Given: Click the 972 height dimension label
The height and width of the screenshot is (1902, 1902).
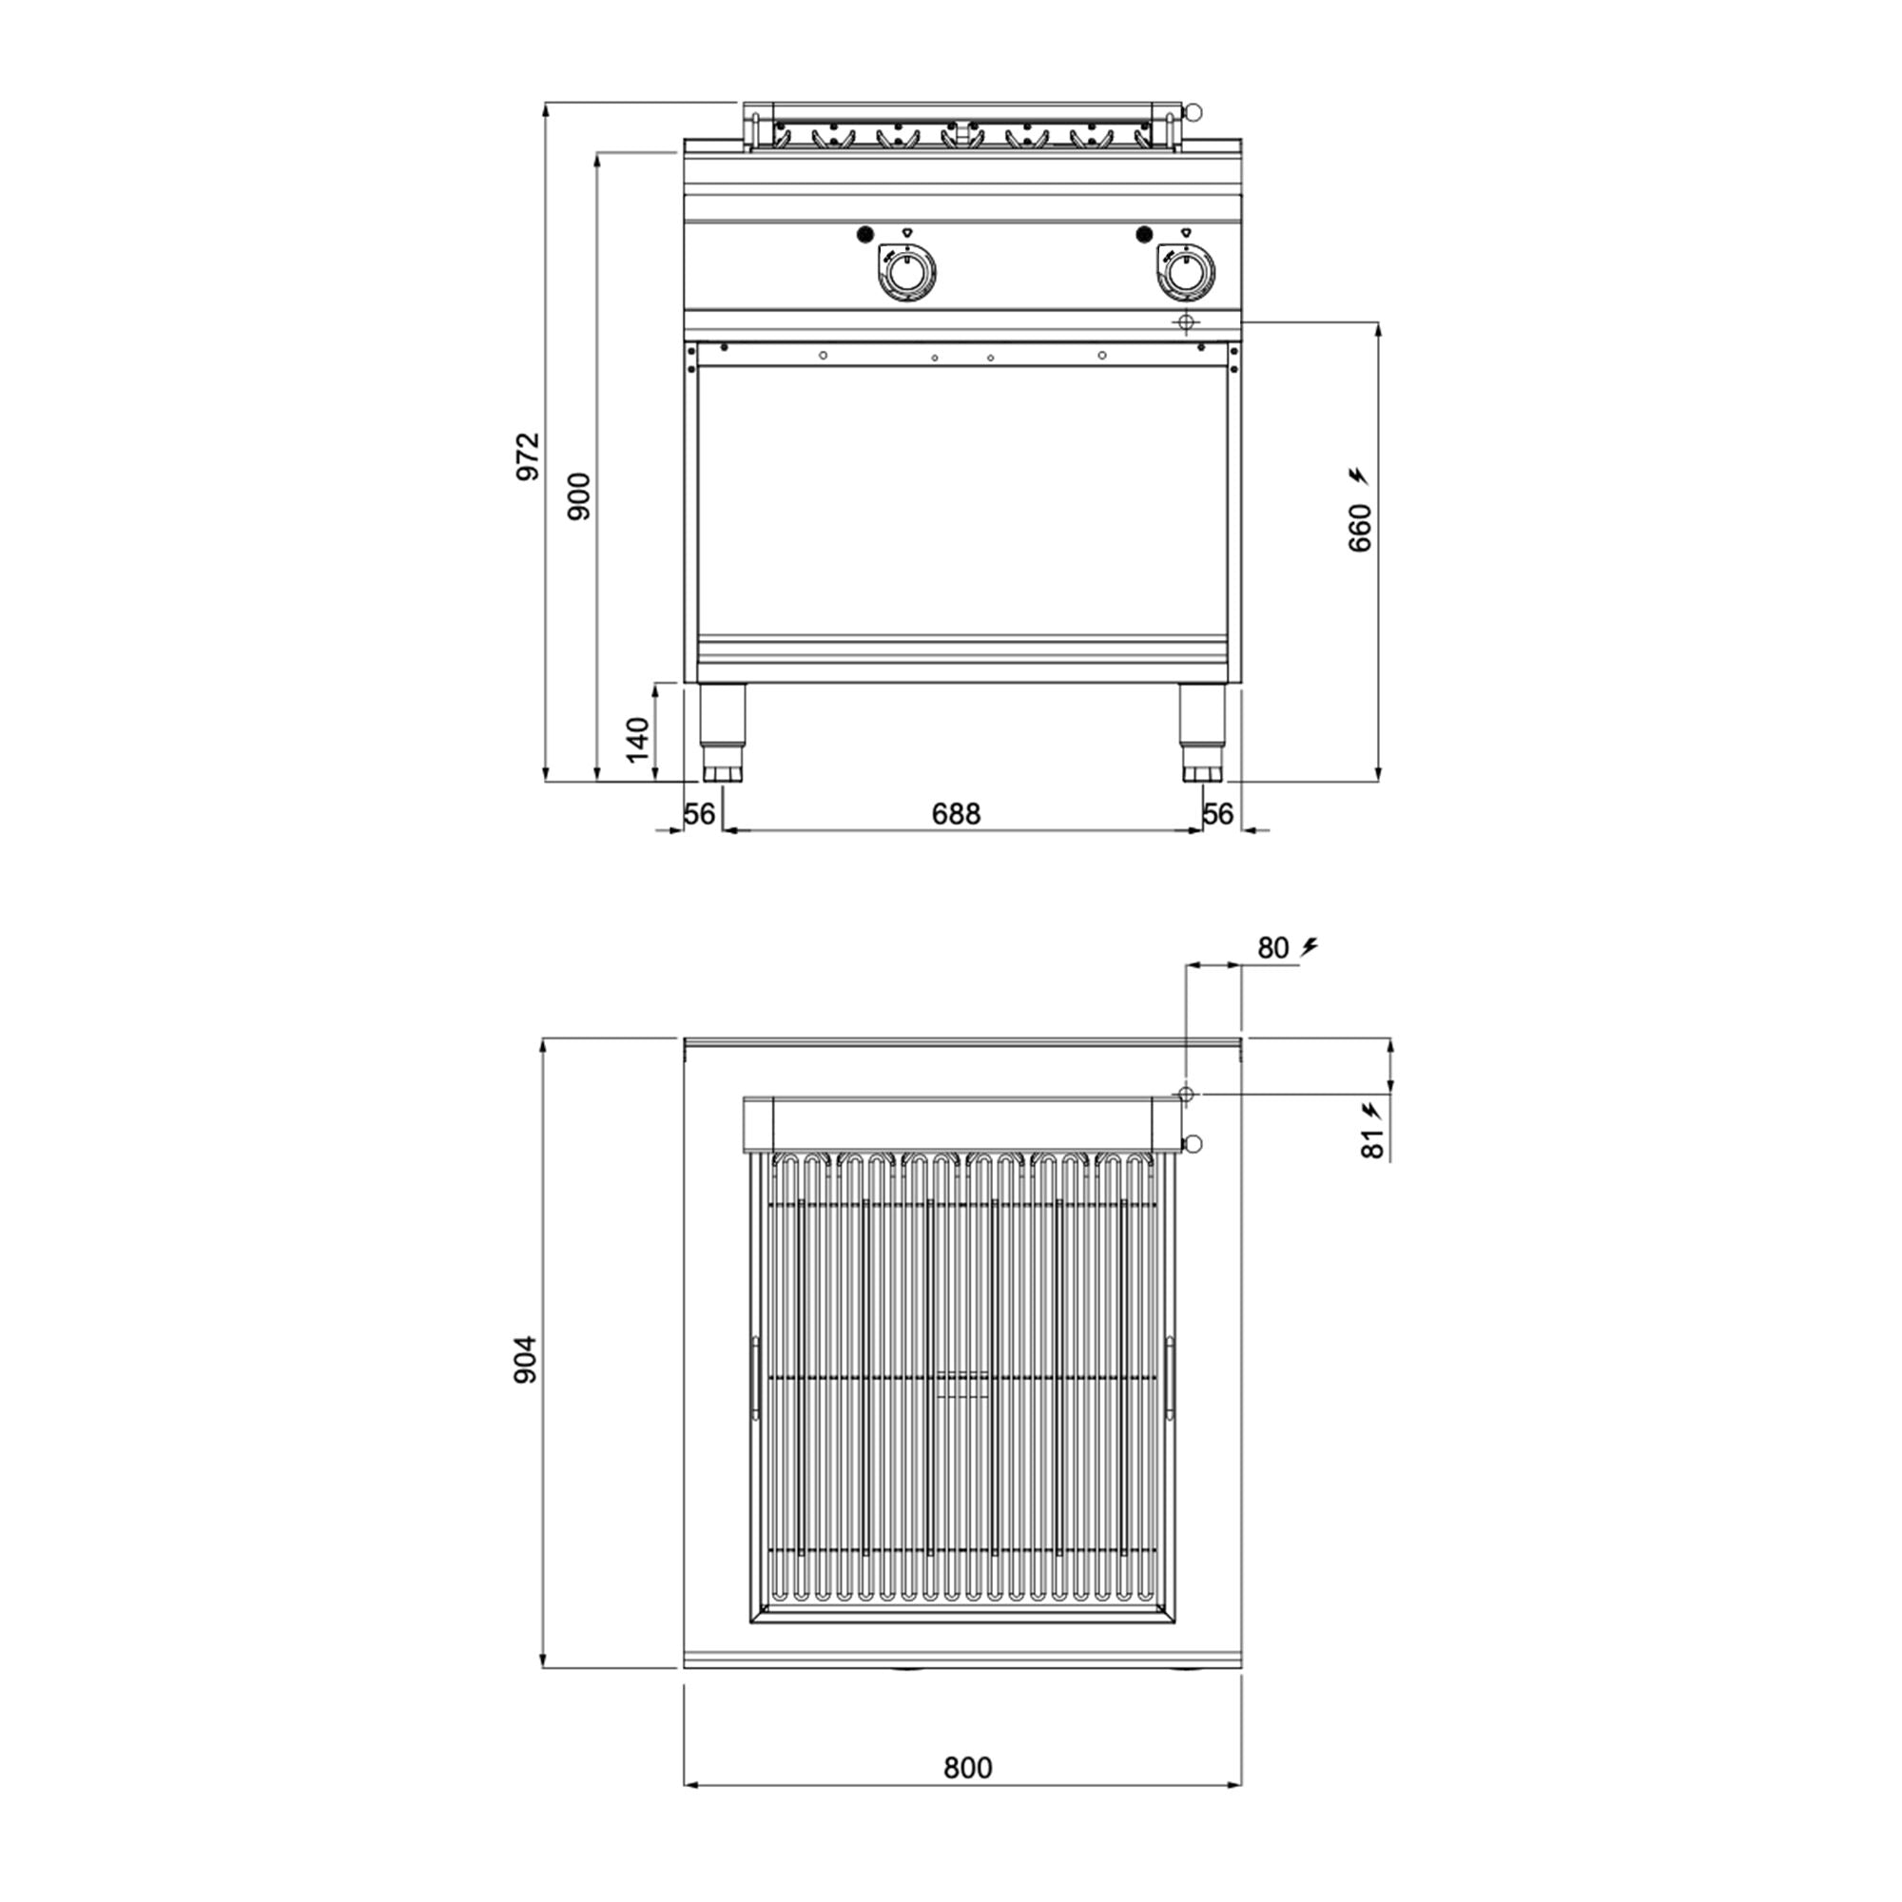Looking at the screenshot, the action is (529, 456).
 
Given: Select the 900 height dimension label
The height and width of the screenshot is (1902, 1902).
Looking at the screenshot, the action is (580, 496).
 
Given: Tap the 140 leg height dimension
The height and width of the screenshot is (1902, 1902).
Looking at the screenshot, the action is (638, 738).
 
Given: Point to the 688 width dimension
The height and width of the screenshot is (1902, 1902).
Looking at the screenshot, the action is (956, 813).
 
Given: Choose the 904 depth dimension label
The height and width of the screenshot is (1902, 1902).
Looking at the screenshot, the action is (526, 1360).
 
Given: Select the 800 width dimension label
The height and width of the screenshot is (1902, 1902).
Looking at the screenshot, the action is (968, 1795).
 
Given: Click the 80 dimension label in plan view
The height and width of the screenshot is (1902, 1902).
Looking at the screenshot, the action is (1273, 948).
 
